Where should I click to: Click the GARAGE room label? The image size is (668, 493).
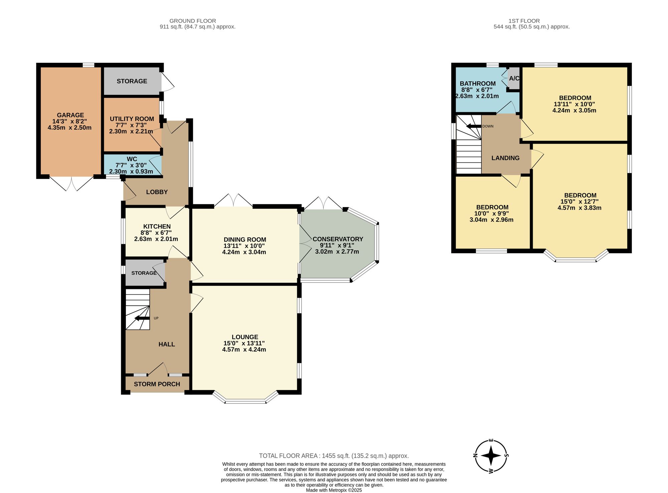click(x=70, y=115)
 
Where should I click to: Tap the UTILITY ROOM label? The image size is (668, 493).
click(x=132, y=119)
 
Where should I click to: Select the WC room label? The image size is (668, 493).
click(x=132, y=159)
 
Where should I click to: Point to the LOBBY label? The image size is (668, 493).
click(x=157, y=192)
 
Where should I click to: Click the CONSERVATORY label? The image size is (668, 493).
click(x=338, y=239)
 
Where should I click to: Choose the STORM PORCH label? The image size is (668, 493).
click(x=157, y=384)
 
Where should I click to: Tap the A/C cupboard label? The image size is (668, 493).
click(x=514, y=78)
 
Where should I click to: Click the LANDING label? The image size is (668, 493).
click(x=505, y=158)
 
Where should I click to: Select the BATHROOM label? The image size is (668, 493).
click(x=478, y=84)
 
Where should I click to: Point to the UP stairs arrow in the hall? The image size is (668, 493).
click(x=142, y=318)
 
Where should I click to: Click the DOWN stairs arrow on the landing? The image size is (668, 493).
click(x=474, y=126)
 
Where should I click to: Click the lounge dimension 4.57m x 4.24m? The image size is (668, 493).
click(x=244, y=350)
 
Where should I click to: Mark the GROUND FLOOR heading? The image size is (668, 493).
click(x=193, y=21)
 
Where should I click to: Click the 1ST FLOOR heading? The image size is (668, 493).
click(x=524, y=21)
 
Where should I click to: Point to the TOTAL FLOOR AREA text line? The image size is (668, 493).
click(x=334, y=456)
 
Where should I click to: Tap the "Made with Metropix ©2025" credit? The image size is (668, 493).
click(x=334, y=490)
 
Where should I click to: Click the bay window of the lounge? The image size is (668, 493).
click(x=245, y=397)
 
